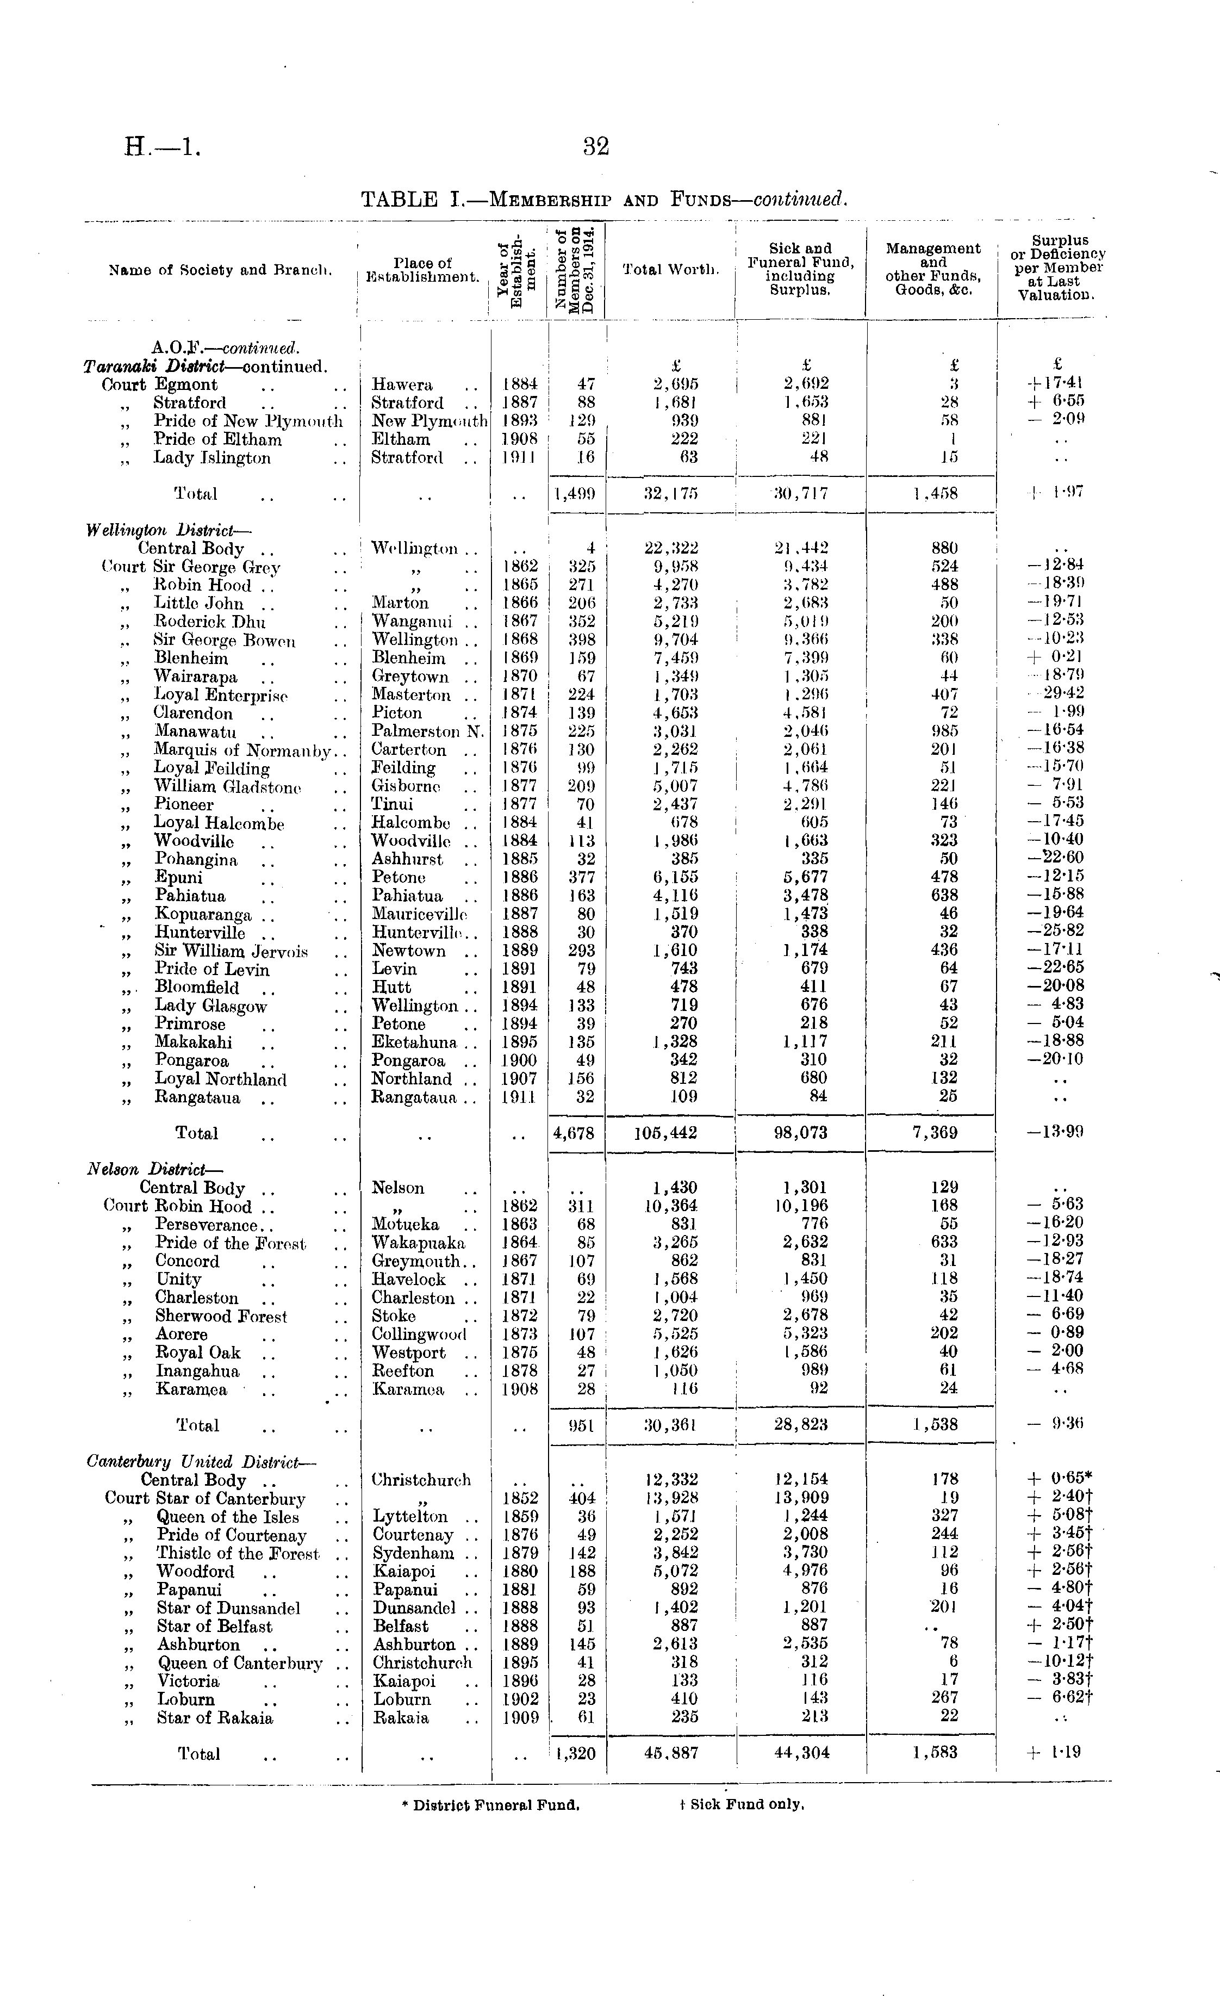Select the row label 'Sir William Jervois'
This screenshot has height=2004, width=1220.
[231, 951]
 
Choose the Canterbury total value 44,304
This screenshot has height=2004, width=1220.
[801, 1753]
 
